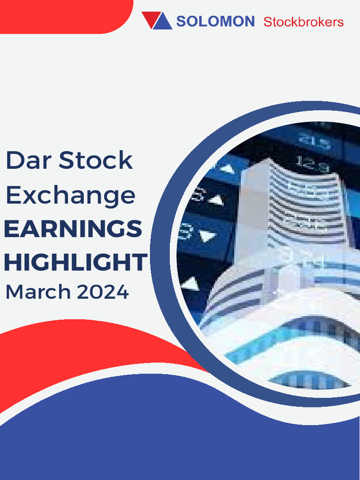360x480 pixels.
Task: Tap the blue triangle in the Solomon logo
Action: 163,22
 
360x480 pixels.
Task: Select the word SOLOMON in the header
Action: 215,22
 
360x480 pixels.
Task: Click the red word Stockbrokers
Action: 303,22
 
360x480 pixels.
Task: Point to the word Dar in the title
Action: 28,161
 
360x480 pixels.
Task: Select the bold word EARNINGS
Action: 73,229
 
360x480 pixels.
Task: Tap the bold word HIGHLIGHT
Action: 75,262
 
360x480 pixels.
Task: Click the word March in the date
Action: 37,292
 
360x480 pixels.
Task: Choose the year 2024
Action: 103,292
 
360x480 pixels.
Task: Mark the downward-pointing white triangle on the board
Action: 207,236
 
